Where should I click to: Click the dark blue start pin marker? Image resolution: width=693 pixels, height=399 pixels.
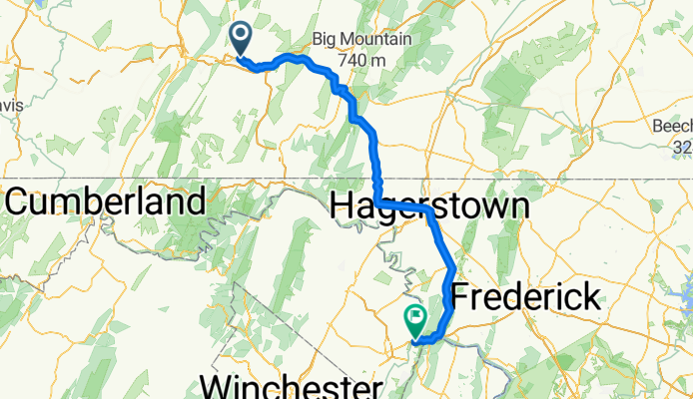coord(242,38)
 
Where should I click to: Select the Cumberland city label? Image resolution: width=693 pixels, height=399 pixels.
coord(106,201)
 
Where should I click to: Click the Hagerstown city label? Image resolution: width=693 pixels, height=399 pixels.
coord(428,207)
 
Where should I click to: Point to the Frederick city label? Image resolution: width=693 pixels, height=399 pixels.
coord(526,296)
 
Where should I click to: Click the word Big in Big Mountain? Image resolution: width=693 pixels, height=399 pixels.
coord(328,40)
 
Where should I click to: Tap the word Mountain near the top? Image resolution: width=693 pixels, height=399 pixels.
coord(381,40)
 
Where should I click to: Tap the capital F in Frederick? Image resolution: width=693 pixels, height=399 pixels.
coord(461,296)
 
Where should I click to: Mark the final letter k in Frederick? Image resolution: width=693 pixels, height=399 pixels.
coord(591,296)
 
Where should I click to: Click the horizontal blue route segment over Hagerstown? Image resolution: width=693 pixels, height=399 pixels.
coord(404,206)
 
